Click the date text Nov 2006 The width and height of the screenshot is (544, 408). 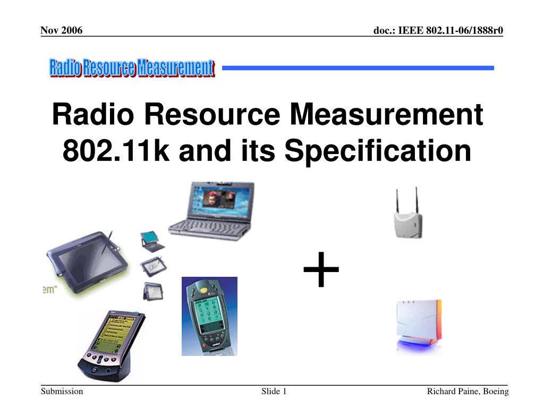62,30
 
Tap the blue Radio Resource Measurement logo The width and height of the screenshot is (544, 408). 132,69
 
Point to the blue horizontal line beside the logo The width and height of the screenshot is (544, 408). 358,68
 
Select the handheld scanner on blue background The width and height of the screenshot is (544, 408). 209,316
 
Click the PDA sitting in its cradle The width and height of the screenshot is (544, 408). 111,345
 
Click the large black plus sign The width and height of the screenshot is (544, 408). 321,270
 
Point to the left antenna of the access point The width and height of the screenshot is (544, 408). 396,199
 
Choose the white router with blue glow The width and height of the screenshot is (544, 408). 419,325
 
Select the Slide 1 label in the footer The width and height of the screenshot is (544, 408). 274,392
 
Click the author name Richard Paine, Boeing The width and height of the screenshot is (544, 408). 467,392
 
